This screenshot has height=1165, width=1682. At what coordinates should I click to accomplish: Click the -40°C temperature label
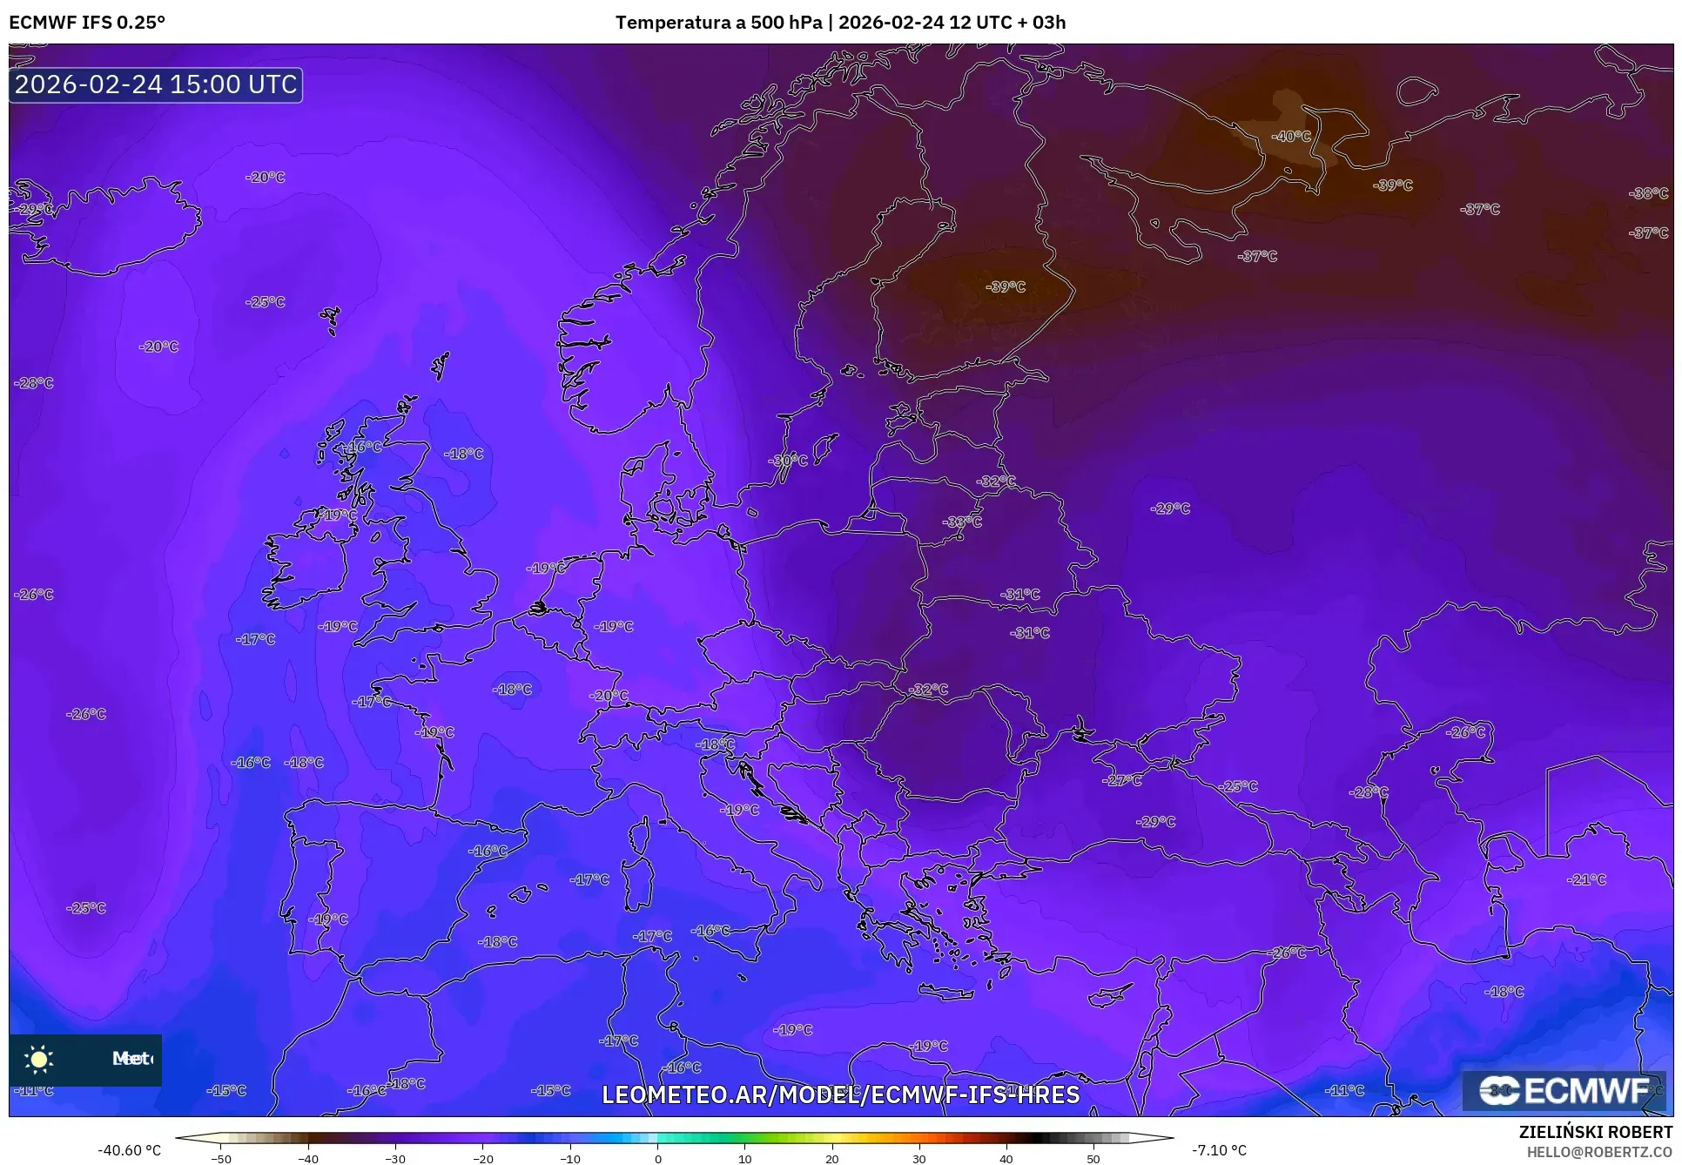pyautogui.click(x=1290, y=136)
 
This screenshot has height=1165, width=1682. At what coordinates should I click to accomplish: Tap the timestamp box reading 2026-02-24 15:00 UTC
pyautogui.click(x=156, y=84)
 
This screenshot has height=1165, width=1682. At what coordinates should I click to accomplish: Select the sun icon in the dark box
pyautogui.click(x=39, y=1059)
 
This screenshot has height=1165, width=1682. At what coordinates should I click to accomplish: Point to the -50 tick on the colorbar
pyautogui.click(x=221, y=1158)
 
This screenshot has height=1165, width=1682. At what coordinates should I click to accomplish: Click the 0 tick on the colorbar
pyautogui.click(x=657, y=1158)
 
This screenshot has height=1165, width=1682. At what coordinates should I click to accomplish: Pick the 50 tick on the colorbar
pyautogui.click(x=1093, y=1158)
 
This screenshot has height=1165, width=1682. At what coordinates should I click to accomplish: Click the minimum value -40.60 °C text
pyautogui.click(x=129, y=1150)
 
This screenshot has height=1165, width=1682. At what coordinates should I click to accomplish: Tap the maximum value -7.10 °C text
pyautogui.click(x=1219, y=1150)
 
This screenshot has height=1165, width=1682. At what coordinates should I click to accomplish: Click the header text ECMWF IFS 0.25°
pyautogui.click(x=87, y=22)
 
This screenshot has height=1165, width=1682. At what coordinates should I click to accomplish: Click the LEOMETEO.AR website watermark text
pyautogui.click(x=840, y=1094)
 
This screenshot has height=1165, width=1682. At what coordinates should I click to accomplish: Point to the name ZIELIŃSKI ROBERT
pyautogui.click(x=1595, y=1133)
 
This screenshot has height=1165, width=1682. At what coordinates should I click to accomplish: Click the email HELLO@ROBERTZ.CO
pyautogui.click(x=1599, y=1151)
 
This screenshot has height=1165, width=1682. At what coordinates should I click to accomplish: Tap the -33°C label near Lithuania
pyautogui.click(x=961, y=522)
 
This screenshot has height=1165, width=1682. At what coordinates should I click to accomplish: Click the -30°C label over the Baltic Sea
pyautogui.click(x=787, y=460)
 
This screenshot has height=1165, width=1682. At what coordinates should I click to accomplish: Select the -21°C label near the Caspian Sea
pyautogui.click(x=1585, y=879)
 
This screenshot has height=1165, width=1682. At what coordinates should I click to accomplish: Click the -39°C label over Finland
pyautogui.click(x=1006, y=286)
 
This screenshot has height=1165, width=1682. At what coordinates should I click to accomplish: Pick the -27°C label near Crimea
pyautogui.click(x=1121, y=780)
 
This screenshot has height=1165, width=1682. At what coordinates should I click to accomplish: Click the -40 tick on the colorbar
pyautogui.click(x=308, y=1158)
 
